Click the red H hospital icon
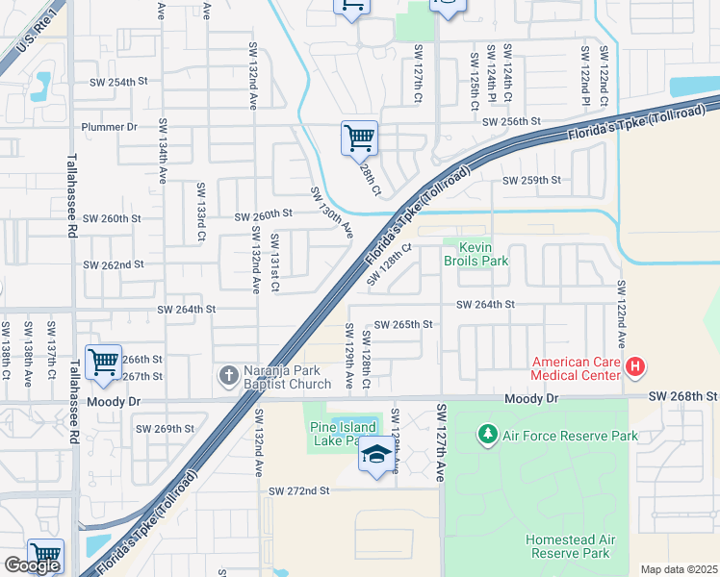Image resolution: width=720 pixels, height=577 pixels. coord(634,366)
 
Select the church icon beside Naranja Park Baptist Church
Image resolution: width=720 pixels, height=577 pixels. coord(228,375)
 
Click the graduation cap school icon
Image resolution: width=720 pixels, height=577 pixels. coord(375,454)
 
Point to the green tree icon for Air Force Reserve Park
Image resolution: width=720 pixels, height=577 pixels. coord(488,436)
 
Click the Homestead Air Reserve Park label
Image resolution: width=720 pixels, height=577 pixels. coord(568,546)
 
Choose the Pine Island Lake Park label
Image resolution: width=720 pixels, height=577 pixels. coord(334,434)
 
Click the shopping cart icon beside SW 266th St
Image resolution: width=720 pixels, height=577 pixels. coord(103,362)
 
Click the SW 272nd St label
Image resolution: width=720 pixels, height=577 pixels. coord(298,490)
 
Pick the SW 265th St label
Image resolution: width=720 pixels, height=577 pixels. coord(403,325)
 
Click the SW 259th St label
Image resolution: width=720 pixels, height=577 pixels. coord(531,180)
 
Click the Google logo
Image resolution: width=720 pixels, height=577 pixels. coord(32,565)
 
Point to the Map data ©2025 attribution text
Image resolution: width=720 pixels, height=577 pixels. coord(679,569)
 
